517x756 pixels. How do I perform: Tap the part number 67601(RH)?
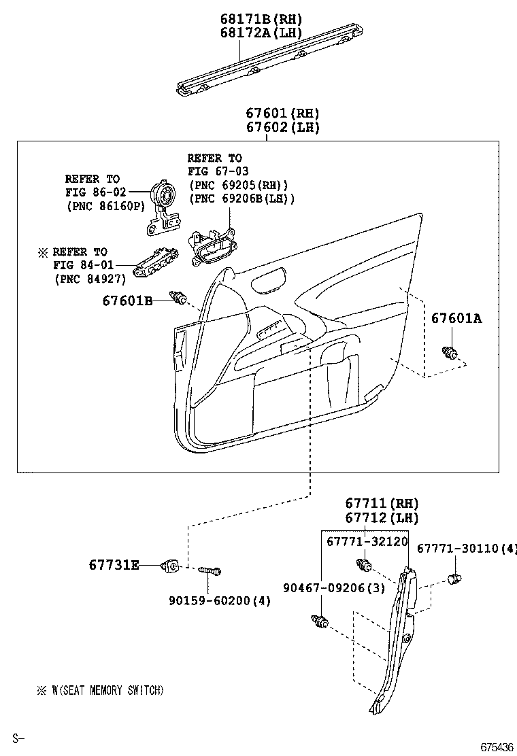(x=282, y=114)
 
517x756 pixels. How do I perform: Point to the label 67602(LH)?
(x=282, y=127)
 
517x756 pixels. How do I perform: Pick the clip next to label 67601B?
(x=180, y=298)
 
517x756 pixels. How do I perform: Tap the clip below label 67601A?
(x=449, y=352)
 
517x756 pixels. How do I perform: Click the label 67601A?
(x=456, y=318)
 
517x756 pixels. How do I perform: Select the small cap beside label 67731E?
(x=171, y=564)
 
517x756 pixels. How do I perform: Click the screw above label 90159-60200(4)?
(x=210, y=572)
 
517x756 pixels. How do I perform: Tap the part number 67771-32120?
(x=367, y=542)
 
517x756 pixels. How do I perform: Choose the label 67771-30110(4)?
(x=467, y=548)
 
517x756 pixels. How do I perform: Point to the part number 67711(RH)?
(x=381, y=504)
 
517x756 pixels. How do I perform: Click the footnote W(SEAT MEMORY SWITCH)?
(x=107, y=691)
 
